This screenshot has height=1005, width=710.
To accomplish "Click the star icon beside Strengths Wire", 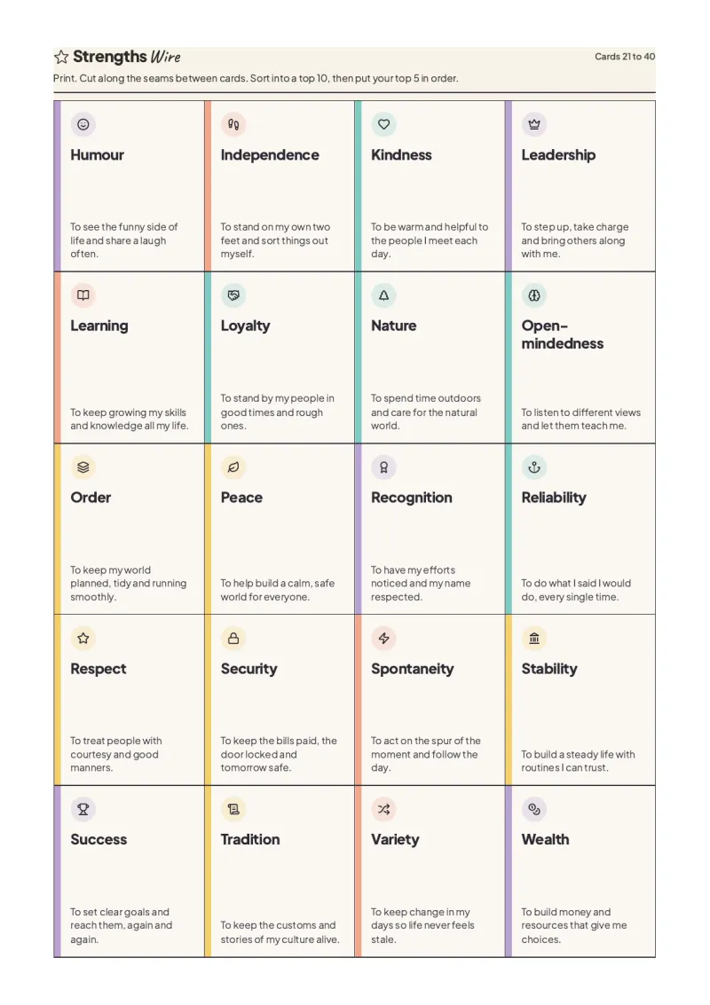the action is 61,57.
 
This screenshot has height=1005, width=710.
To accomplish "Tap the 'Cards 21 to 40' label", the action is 625,57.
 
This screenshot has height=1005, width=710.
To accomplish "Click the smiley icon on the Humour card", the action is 83,124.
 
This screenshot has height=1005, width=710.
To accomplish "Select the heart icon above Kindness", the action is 383,124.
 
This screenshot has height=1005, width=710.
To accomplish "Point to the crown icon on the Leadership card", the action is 534,124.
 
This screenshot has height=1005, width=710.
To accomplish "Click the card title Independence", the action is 270,155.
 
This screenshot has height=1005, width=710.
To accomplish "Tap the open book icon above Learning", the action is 83,295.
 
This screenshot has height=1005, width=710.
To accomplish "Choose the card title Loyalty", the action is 245,326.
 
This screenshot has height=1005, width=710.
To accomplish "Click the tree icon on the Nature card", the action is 383,295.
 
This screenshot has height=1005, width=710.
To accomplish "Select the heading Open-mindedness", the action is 563,334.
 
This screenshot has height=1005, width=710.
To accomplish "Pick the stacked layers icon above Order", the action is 83,467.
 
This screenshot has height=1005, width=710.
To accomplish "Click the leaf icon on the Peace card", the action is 233,467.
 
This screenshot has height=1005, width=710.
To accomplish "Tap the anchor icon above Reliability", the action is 534,467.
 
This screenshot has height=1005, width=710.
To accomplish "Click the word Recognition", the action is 412,498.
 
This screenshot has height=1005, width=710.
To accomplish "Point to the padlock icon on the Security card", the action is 233,639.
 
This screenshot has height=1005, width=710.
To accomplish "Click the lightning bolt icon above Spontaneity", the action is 383,639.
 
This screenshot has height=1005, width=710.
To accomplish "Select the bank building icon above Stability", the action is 534,639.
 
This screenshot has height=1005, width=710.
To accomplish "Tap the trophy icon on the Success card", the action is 83,810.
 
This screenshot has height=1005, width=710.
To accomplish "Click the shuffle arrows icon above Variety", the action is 383,810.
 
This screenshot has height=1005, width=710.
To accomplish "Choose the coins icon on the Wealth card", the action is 534,810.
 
